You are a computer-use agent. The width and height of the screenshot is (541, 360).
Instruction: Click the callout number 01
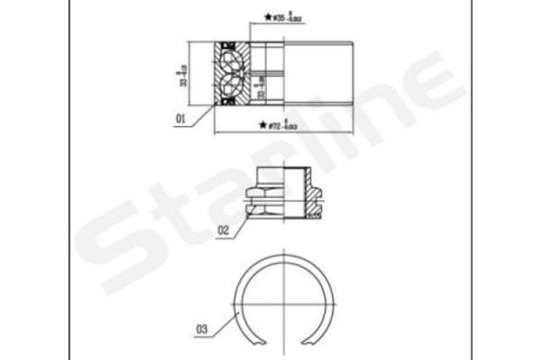pyautogui.click(x=180, y=119)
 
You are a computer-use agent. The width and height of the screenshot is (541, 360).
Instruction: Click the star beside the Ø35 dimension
pyautogui.click(x=268, y=16)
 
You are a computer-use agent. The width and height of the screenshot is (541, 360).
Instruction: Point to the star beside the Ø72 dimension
pyautogui.click(x=262, y=126)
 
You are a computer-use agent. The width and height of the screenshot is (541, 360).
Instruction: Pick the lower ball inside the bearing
pyautogui.click(x=231, y=86)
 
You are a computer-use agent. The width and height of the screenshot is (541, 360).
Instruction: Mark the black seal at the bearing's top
pyautogui.click(x=226, y=43)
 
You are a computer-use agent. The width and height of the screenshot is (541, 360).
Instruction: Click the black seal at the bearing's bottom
pyautogui.click(x=226, y=101)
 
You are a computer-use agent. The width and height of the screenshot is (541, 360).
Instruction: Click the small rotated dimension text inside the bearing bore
pyautogui.click(x=261, y=85)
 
